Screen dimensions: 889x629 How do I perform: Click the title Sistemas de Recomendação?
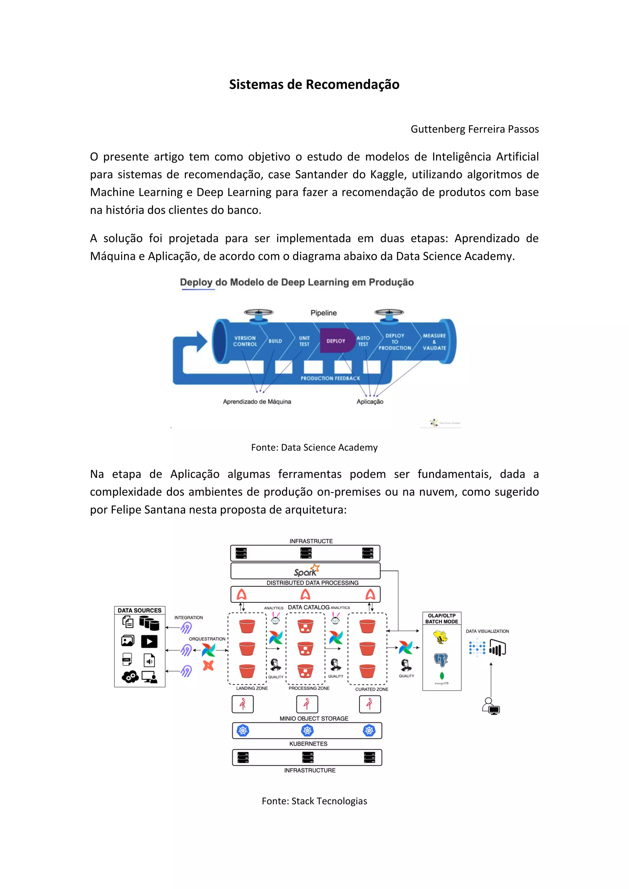coord(314,84)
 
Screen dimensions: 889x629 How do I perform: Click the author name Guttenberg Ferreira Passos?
coord(475,129)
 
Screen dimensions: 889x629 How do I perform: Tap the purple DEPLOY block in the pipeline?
coord(336,341)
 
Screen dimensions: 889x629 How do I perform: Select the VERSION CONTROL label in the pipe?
coord(245,341)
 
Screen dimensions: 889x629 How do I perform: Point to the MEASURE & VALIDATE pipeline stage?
coord(434,341)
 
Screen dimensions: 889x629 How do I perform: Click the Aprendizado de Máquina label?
coord(257,402)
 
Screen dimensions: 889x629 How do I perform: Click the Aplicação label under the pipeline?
coord(370,402)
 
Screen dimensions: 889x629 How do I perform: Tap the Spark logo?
coord(306,571)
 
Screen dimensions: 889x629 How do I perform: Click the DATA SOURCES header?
coord(139,610)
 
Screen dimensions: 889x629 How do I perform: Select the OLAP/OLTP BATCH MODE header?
coord(442,618)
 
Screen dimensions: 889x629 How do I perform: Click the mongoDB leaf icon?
coord(442,676)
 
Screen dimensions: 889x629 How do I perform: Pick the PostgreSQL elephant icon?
coord(441,659)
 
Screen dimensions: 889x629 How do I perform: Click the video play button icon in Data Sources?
coord(149,642)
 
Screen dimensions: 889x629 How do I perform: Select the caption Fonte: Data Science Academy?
coord(314,447)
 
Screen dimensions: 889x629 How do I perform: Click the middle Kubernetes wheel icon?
coord(307,731)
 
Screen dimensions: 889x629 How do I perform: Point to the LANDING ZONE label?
coord(252,688)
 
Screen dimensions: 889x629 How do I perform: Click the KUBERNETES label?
coord(308,743)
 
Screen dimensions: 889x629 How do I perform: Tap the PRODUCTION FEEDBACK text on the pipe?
coord(330,378)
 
